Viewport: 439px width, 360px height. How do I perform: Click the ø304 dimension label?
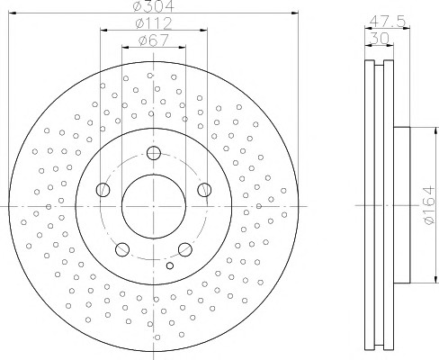pos(153,6)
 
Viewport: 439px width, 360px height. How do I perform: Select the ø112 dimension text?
pos(154,22)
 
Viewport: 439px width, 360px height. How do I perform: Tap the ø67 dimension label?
pos(154,40)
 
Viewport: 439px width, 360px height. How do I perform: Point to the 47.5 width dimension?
pos(387,21)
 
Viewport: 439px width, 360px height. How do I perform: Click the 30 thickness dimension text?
pos(380,38)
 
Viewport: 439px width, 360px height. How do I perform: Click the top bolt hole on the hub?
pos(154,153)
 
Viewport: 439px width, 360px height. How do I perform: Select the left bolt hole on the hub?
pos(103,190)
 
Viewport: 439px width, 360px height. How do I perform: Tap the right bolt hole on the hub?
pos(204,190)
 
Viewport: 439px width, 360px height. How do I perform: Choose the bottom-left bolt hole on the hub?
pos(122,249)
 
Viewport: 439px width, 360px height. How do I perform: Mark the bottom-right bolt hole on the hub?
pos(185,249)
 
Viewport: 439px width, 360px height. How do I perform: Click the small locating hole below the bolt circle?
pos(170,265)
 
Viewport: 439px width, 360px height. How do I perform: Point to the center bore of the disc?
pos(154,206)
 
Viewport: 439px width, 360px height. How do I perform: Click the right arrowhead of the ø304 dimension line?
pos(295,13)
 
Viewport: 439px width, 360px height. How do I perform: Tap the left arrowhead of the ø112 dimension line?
pos(103,30)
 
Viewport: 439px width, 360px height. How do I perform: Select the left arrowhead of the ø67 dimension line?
pos(125,47)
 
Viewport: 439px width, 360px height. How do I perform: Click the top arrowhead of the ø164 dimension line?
pos(435,130)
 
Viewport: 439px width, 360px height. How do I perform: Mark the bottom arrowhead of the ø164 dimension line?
pos(435,279)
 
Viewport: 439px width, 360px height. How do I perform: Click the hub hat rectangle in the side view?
pos(401,205)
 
